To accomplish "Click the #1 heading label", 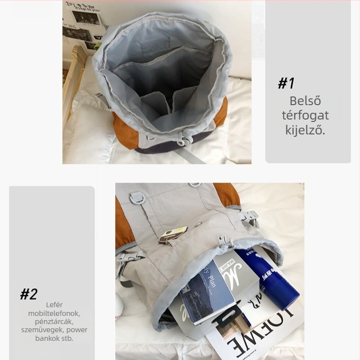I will (286, 83).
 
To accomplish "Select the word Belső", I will (305, 101).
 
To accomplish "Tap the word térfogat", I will (305, 115).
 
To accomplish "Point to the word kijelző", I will (305, 130).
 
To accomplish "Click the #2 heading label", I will (29, 294).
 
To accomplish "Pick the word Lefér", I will (54, 305).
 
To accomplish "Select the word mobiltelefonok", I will (54, 313).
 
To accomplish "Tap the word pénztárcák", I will (54, 322).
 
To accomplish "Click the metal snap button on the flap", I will (198, 224).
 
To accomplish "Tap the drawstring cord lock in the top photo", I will (183, 139).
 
